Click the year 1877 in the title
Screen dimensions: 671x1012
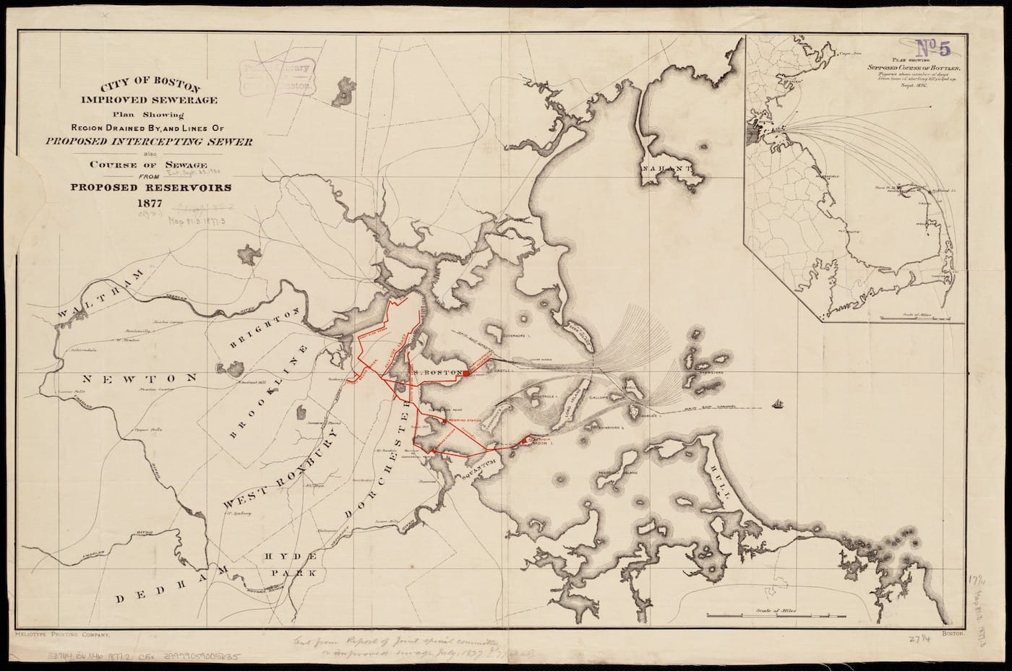coord(143,203)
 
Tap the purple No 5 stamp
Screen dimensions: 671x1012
coord(934,48)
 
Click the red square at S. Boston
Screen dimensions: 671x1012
coord(468,373)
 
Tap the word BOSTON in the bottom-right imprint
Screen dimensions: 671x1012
coord(949,632)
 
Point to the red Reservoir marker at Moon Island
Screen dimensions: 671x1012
coord(524,440)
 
